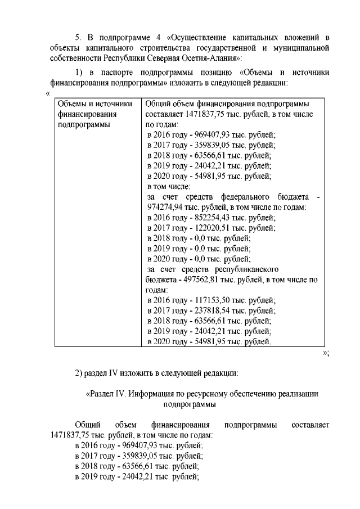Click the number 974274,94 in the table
(164, 207)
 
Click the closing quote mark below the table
(325, 353)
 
